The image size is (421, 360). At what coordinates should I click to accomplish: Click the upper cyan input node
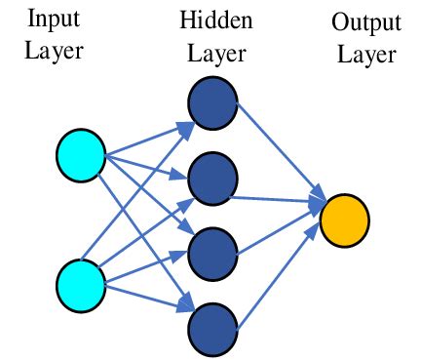click(80, 156)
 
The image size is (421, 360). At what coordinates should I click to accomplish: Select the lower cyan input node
click(80, 284)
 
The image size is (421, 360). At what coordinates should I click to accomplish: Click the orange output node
click(344, 220)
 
